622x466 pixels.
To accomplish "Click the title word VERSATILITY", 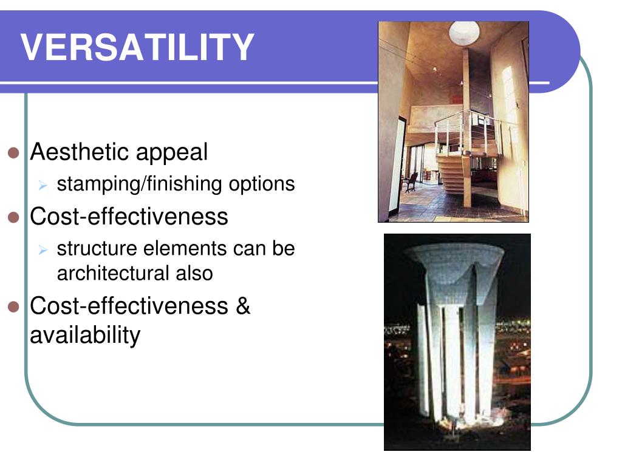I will (x=137, y=47).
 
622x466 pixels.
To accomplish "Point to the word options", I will (x=262, y=184).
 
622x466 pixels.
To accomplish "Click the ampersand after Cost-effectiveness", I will (x=242, y=306).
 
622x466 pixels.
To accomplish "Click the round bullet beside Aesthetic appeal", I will (x=15, y=153).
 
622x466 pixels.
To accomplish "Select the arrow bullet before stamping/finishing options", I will (x=43, y=185).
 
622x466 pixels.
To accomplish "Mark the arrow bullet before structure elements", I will (x=43, y=249).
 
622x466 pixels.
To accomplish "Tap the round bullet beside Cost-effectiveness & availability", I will (x=15, y=307).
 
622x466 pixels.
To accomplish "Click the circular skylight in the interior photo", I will (x=464, y=32).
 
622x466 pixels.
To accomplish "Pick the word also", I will (x=194, y=273).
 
